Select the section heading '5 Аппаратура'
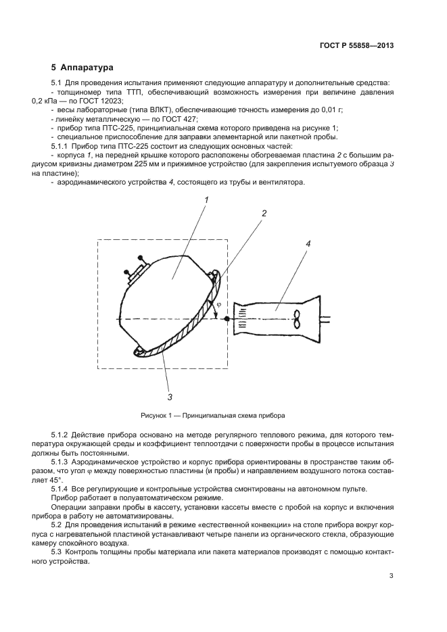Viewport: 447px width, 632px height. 83,68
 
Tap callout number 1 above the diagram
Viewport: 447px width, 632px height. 206,199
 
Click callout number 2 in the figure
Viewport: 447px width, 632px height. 264,213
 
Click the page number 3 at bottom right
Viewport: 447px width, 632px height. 391,576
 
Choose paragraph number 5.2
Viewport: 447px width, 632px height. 57,525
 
